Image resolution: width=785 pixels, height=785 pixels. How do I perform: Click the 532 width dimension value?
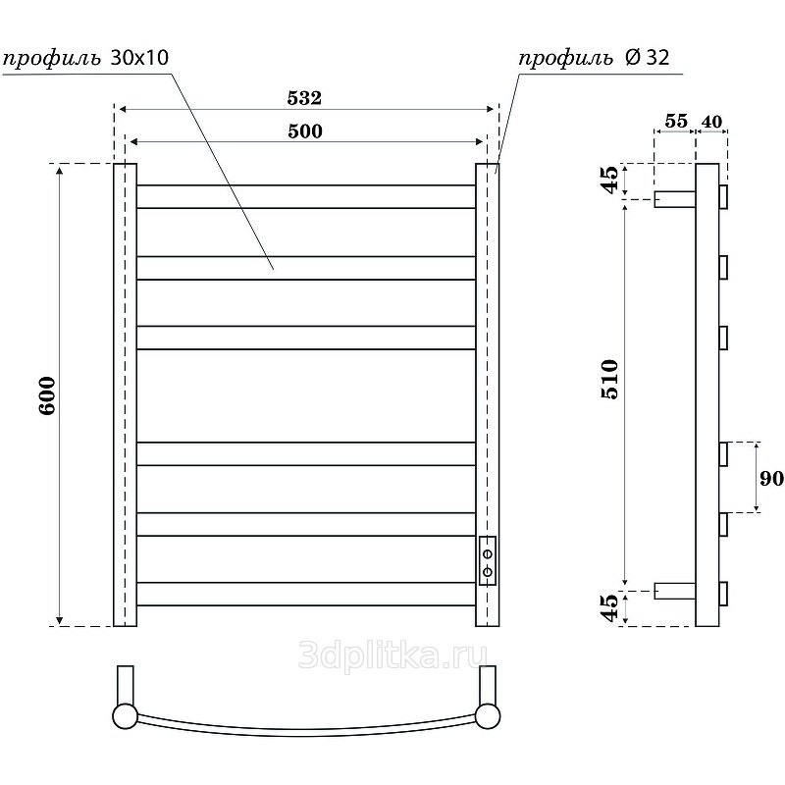click(x=304, y=97)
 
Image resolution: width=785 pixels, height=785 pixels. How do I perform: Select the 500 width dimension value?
click(x=305, y=131)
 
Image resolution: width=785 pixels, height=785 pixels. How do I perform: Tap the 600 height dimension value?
click(x=47, y=395)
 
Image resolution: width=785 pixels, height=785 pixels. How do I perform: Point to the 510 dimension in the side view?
click(x=609, y=379)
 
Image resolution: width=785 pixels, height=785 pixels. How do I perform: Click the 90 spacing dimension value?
click(x=771, y=478)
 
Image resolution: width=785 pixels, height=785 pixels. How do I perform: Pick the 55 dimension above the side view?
click(x=676, y=121)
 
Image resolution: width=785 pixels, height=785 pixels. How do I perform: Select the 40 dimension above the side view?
click(x=711, y=121)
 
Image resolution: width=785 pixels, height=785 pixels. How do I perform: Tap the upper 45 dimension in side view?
click(x=609, y=180)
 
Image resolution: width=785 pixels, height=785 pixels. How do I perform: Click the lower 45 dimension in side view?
click(x=609, y=607)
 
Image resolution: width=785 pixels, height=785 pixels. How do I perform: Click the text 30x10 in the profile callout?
click(x=139, y=58)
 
